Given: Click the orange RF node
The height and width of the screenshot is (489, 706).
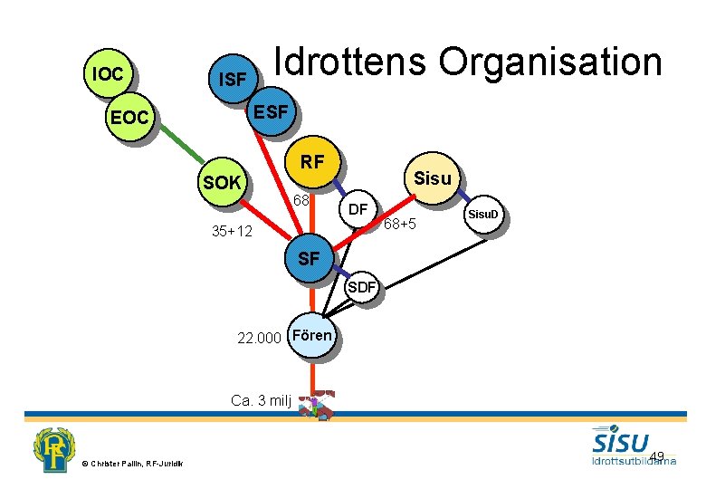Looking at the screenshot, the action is point(312,163).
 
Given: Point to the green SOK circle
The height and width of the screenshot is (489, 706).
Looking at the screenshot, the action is point(223,183).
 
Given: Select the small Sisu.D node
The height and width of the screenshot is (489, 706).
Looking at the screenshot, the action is point(482,216).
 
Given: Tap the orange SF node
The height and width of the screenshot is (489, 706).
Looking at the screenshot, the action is point(309,258).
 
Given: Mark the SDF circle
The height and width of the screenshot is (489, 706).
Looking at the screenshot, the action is point(363,288).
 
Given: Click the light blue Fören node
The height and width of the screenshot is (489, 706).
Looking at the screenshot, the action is point(312,336).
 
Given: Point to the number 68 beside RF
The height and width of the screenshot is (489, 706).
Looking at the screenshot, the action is point(301,199).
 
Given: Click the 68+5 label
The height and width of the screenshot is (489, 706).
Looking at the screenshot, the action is point(398,224).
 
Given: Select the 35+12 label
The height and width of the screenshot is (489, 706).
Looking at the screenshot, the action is point(231,232).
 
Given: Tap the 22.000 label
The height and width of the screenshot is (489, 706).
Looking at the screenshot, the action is point(258,339).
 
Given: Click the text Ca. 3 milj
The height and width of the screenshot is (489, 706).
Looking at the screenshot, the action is point(261,400).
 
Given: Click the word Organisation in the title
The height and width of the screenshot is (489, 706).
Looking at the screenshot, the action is point(550,62).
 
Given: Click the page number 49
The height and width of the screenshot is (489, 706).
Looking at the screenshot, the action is point(657,455).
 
